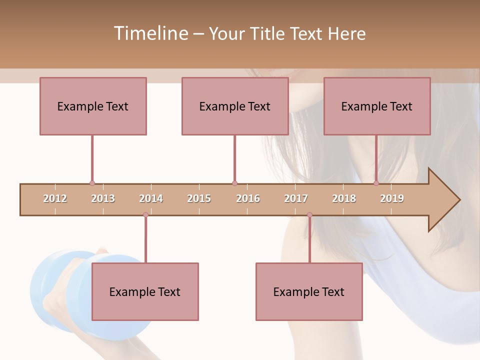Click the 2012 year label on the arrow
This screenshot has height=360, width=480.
pyautogui.click(x=55, y=198)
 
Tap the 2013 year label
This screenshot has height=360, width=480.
pyautogui.click(x=103, y=198)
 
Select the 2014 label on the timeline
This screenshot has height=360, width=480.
pyautogui.click(x=151, y=198)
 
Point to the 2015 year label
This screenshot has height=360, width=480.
pyautogui.click(x=199, y=198)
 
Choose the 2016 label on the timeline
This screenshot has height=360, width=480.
pyautogui.click(x=247, y=198)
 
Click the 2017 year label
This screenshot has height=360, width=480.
pyautogui.click(x=296, y=198)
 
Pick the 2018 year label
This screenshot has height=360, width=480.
pyautogui.click(x=344, y=198)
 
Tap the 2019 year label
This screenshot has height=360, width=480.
pyautogui.click(x=392, y=198)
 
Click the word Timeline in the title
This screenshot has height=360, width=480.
pyautogui.click(x=150, y=33)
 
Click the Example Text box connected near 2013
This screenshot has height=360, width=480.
pyautogui.click(x=93, y=106)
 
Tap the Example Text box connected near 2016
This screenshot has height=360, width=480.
pyautogui.click(x=235, y=106)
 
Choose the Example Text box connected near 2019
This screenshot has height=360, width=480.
pyautogui.click(x=377, y=106)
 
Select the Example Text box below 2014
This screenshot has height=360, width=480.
pyautogui.click(x=145, y=291)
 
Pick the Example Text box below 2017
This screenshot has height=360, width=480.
pyautogui.click(x=309, y=291)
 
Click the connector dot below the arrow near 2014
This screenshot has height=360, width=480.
pyautogui.click(x=145, y=215)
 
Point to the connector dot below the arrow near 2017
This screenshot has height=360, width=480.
pyautogui.click(x=309, y=215)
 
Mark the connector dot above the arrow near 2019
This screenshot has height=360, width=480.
pyautogui.click(x=376, y=183)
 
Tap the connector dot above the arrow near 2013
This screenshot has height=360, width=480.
pyautogui.click(x=92, y=183)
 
